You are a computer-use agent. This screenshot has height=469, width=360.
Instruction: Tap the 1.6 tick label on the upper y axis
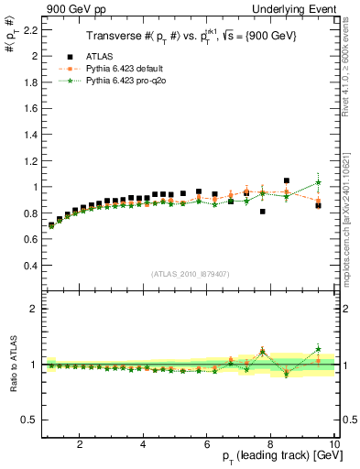pyautogui.click(x=27, y=108)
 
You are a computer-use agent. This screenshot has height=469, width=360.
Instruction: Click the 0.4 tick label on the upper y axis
pyautogui.click(x=27, y=266)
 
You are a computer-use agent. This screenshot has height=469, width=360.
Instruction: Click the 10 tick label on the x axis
pyautogui.click(x=334, y=443)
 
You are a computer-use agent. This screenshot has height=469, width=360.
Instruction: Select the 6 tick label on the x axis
pyautogui.click(x=207, y=443)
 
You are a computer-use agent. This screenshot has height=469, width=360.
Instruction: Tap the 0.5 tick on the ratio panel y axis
pyautogui.click(x=27, y=420)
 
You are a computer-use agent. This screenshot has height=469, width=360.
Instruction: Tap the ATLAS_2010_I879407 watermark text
pyautogui.click(x=189, y=272)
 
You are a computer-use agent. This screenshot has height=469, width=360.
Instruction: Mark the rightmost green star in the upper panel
pyautogui.click(x=318, y=182)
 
